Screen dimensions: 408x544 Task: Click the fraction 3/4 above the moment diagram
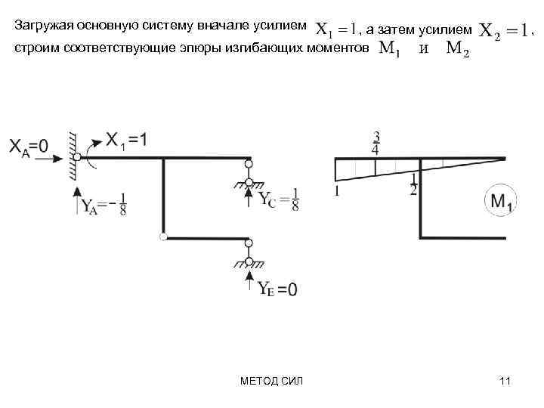(x=376, y=143)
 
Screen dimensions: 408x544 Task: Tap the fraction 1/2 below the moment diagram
(x=413, y=184)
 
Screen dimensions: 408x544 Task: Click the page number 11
(x=505, y=381)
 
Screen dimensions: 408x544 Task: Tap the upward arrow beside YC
(x=249, y=199)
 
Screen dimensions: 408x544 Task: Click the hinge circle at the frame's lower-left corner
(x=162, y=238)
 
